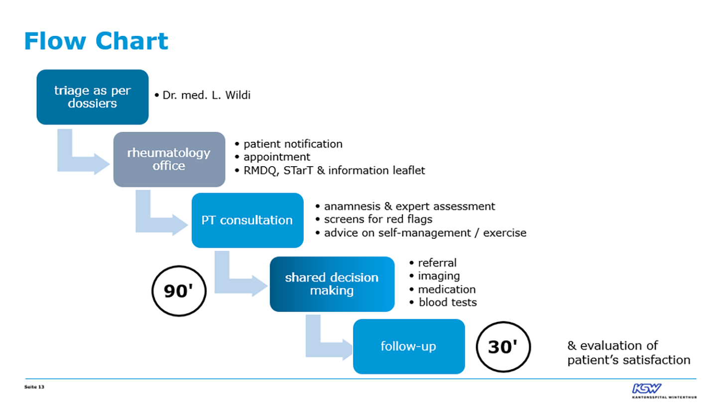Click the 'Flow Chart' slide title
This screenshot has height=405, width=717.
tap(96, 41)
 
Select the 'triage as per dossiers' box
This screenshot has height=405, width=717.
tap(93, 97)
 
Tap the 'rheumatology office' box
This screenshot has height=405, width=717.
tap(169, 159)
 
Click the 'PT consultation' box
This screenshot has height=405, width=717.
tap(247, 220)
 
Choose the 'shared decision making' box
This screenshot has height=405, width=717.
tap(332, 284)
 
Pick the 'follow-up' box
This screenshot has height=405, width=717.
tap(409, 346)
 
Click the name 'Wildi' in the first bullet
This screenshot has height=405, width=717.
tap(238, 95)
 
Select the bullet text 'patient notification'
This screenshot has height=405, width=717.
tap(293, 144)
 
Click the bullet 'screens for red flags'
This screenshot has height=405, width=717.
tap(378, 219)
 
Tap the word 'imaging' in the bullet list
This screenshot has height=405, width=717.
tap(439, 276)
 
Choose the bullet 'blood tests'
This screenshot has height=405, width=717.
tap(448, 303)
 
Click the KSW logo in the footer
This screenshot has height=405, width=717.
tap(664, 391)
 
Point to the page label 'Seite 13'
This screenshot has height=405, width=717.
tap(34, 387)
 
